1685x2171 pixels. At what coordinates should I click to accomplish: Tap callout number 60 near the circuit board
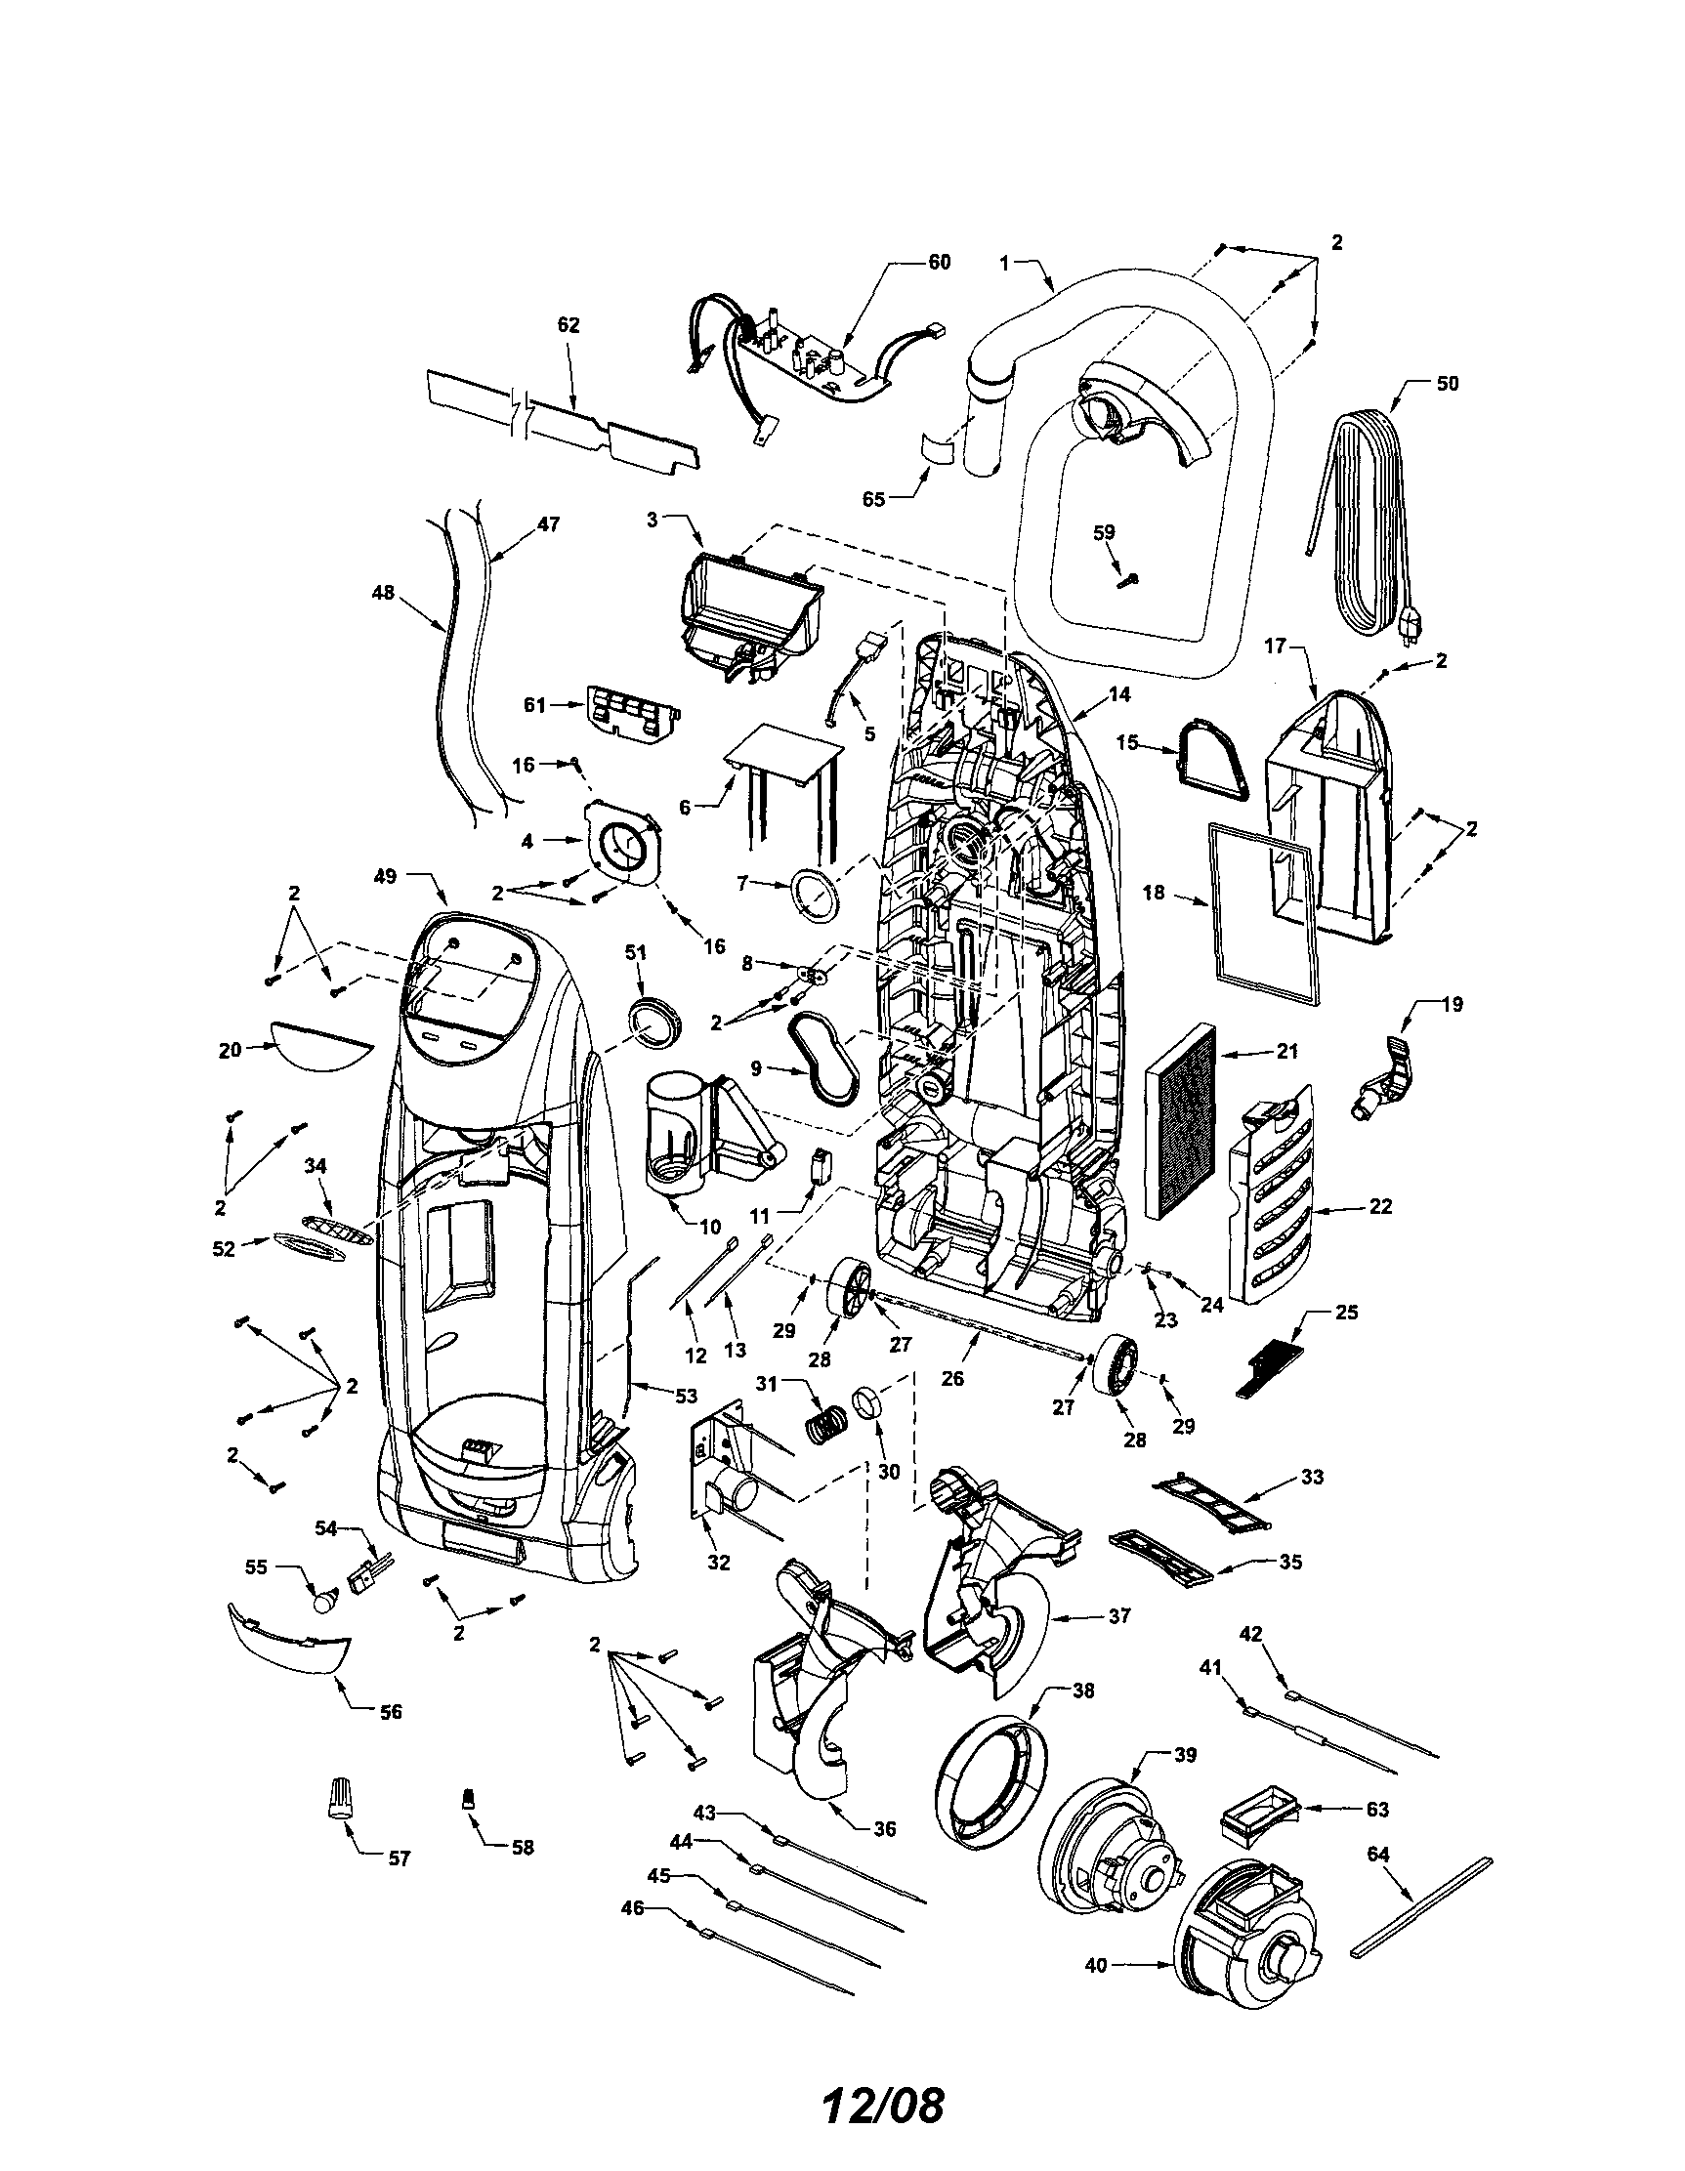point(939,263)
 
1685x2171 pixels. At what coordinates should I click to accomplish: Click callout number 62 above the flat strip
point(569,325)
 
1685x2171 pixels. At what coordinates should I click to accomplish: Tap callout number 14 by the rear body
point(1119,694)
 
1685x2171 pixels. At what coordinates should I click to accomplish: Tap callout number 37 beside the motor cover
point(1119,1616)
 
